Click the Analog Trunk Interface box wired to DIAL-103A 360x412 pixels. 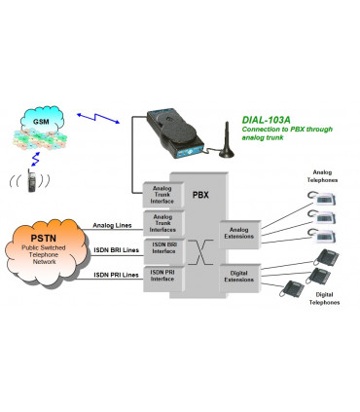click(162, 195)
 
